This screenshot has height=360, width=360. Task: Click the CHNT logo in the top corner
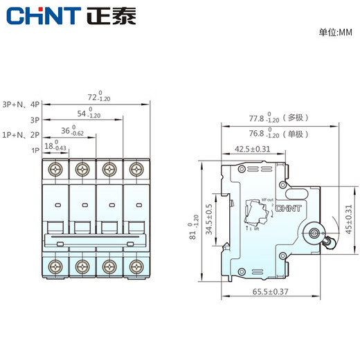(x=42, y=15)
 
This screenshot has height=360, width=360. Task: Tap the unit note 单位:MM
(x=335, y=33)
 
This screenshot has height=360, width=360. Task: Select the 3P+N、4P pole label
(x=21, y=104)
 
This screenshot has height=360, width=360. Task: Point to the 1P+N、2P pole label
(x=21, y=135)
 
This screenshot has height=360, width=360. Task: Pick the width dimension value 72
(x=92, y=97)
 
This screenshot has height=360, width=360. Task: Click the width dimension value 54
(x=81, y=113)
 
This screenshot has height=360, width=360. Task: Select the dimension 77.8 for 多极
(x=256, y=118)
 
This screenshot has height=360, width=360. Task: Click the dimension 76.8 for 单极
(x=256, y=134)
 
